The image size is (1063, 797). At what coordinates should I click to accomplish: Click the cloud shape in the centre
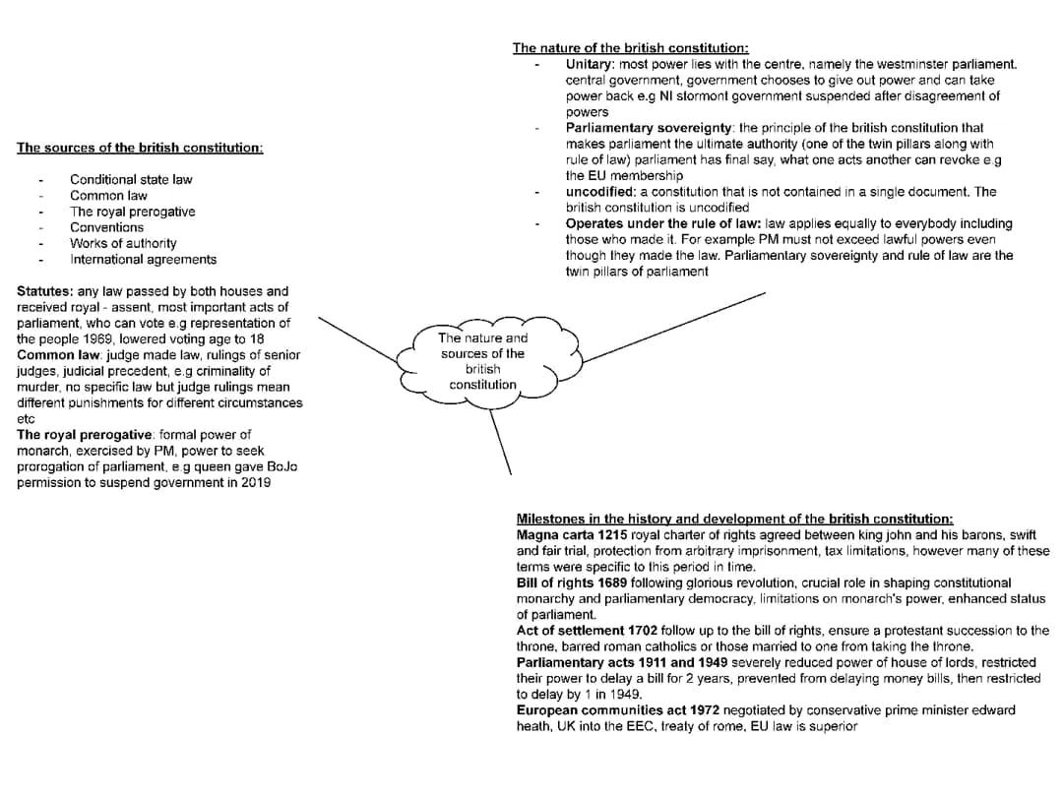(482, 361)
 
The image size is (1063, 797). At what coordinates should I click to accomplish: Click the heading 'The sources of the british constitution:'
(140, 148)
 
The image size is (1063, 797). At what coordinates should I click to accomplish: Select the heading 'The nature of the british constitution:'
(630, 47)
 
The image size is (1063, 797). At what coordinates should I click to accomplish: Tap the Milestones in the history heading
(734, 519)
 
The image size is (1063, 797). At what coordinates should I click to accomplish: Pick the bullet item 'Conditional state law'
(131, 179)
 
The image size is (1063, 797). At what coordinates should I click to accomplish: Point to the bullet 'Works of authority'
(123, 243)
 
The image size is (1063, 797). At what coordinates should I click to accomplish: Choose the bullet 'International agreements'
(143, 260)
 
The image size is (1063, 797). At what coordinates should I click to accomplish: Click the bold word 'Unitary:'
(591, 64)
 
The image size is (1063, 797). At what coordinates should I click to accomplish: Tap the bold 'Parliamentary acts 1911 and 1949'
(624, 662)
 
